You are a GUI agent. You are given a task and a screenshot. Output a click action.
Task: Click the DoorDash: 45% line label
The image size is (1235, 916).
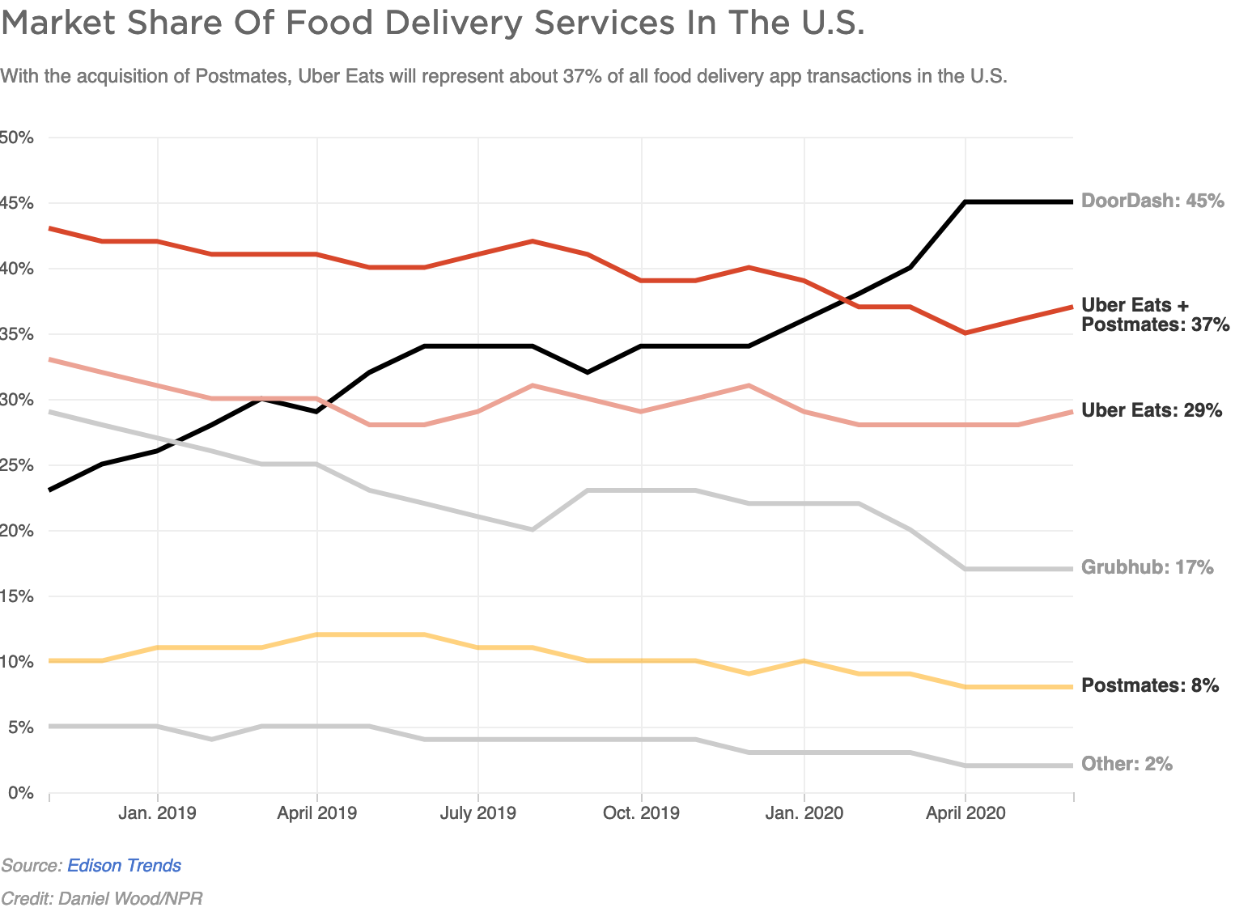1152,201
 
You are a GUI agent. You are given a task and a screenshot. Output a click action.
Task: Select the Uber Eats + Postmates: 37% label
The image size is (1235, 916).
1155,315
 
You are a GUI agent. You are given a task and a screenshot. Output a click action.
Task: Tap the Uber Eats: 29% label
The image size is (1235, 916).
1151,410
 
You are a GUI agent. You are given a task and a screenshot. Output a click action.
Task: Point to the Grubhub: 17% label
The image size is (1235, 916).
1147,567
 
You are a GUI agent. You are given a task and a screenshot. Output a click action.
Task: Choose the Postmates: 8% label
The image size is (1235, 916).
1149,685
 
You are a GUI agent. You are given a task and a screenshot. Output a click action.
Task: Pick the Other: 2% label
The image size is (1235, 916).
1127,764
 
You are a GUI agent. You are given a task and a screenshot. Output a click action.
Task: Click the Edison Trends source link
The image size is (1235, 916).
124,865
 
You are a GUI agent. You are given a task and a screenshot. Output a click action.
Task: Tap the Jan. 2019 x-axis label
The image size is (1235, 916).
157,812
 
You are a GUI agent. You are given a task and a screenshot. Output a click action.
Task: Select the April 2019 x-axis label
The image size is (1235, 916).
316,812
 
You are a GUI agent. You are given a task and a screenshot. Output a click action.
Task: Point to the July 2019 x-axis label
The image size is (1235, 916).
477,812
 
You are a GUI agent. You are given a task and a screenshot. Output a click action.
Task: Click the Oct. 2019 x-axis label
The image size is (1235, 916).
641,812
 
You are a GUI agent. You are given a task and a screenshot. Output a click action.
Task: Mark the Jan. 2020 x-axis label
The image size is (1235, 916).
804,812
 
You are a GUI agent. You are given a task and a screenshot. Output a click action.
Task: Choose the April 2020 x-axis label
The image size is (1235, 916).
965,812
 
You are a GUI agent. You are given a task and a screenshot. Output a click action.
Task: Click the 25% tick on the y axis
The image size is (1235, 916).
16,465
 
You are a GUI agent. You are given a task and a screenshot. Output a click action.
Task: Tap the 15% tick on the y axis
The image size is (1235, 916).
16,596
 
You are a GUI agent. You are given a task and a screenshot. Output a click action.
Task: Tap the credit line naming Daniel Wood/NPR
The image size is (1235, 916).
102,898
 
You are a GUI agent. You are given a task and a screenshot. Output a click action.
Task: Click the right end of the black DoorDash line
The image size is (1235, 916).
1072,201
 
